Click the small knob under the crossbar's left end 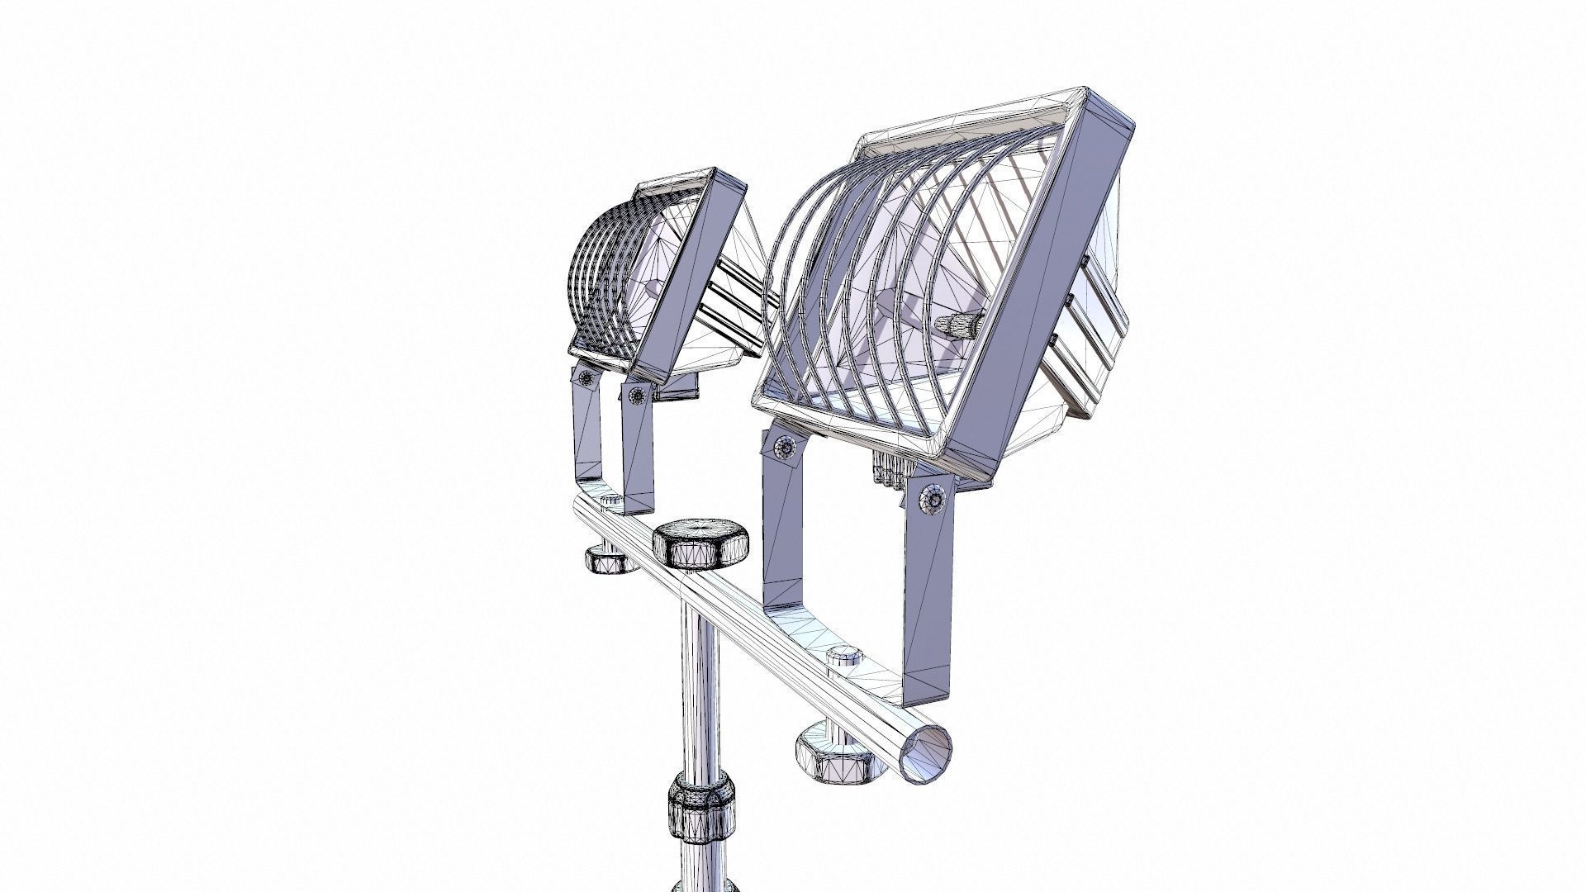pyautogui.click(x=609, y=558)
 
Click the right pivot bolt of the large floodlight pyautogui.click(x=933, y=500)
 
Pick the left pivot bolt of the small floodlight pyautogui.click(x=586, y=379)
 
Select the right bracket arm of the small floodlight pyautogui.click(x=638, y=450)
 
